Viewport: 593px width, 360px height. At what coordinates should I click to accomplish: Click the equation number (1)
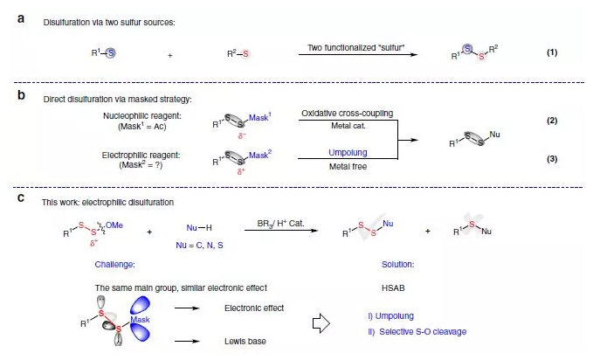552,52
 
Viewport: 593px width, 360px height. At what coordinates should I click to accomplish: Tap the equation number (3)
552,158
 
